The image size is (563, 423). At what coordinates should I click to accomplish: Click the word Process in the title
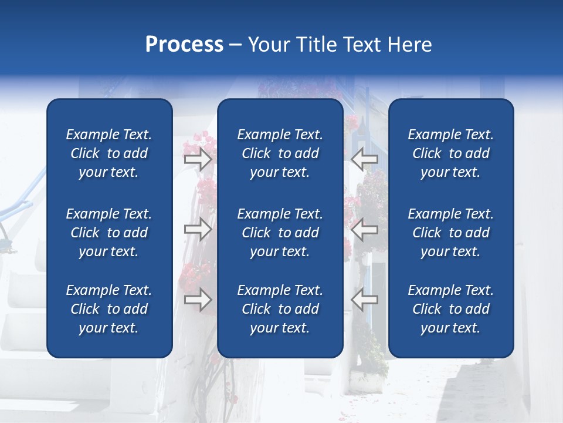click(184, 45)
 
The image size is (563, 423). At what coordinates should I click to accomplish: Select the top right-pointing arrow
click(198, 159)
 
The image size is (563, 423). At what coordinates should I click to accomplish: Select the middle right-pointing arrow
click(198, 230)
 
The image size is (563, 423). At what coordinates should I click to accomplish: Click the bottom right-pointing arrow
click(198, 300)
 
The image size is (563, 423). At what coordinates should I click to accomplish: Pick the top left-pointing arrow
click(364, 159)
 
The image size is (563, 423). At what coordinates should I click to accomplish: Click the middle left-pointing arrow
click(364, 230)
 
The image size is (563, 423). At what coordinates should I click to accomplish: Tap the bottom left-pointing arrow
click(364, 300)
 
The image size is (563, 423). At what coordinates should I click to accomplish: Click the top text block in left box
click(109, 153)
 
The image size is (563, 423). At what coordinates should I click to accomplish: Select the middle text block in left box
click(109, 233)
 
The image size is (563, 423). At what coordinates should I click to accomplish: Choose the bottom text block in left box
click(109, 309)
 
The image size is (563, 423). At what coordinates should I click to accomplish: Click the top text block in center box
click(280, 153)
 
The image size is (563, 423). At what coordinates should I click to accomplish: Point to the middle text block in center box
click(280, 233)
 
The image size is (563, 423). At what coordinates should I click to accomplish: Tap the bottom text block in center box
click(280, 309)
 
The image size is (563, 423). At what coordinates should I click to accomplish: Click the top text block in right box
click(450, 153)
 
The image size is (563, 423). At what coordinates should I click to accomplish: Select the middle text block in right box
click(450, 233)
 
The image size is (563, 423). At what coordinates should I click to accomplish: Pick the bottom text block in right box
click(450, 309)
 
